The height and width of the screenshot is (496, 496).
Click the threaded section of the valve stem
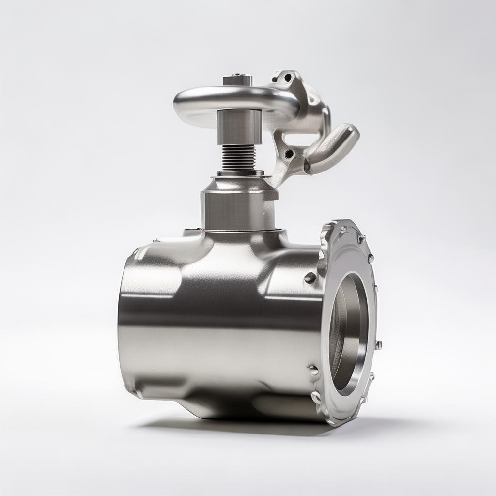tap(238, 157)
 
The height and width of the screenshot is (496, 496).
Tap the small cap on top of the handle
tap(238, 79)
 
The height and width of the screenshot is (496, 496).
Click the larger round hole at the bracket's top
tap(288, 77)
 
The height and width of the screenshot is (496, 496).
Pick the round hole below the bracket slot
tap(289, 154)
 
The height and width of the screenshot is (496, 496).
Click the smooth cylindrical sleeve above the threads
tap(239, 127)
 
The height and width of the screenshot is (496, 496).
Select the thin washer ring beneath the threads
tap(240, 173)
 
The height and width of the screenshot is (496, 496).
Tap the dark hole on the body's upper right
tap(310, 278)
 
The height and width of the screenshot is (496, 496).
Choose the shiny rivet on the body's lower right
tap(314, 370)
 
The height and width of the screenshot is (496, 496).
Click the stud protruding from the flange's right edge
tap(378, 345)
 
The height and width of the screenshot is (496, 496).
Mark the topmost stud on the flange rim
tap(360, 238)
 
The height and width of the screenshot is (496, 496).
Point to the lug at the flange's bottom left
tap(316, 397)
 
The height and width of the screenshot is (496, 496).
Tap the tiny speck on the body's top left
tap(156, 239)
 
